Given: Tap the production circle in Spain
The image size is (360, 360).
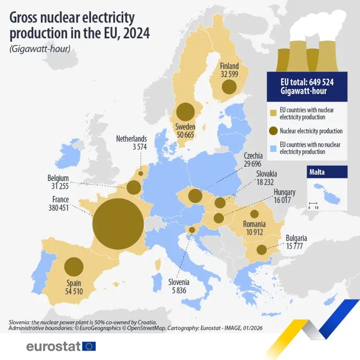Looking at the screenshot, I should click(x=74, y=267).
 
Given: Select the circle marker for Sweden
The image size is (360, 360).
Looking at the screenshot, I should click(x=185, y=112).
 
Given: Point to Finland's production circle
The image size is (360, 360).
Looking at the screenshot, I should click(x=229, y=87).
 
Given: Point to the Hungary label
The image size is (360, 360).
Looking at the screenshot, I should click(x=284, y=192).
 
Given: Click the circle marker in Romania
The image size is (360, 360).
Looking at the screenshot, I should click(x=254, y=214).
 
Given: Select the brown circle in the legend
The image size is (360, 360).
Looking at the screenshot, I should click(x=274, y=131).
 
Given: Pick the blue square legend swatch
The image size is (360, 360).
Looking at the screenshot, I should click(x=274, y=148).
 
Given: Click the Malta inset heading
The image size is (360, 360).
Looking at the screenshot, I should click(x=317, y=172).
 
